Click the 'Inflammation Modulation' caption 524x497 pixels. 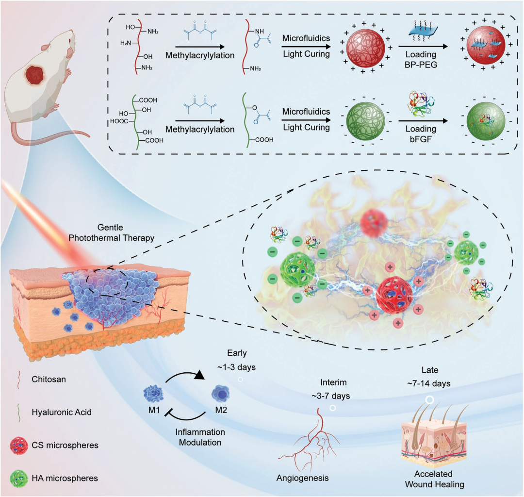(200, 437)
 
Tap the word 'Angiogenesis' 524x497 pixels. (302, 478)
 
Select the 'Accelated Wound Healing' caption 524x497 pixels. (433, 479)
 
